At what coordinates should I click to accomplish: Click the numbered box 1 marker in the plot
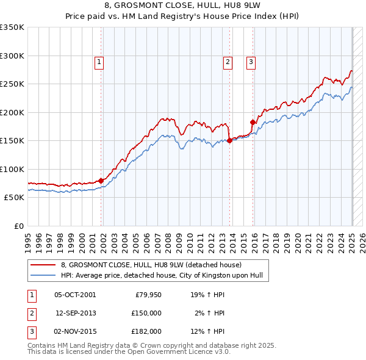click(99, 61)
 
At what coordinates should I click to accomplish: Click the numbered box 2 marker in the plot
click(228, 61)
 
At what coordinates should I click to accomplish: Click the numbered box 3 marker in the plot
click(251, 61)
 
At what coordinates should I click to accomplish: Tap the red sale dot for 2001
click(101, 181)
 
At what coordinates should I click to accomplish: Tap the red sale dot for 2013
click(229, 140)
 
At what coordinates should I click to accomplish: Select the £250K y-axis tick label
click(12, 84)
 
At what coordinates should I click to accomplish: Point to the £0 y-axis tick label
click(18, 226)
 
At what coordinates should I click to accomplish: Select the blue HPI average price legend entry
click(161, 275)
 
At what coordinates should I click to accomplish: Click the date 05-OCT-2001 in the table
click(75, 295)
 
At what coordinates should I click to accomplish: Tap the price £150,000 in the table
click(146, 313)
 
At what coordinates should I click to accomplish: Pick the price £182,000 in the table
click(146, 331)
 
